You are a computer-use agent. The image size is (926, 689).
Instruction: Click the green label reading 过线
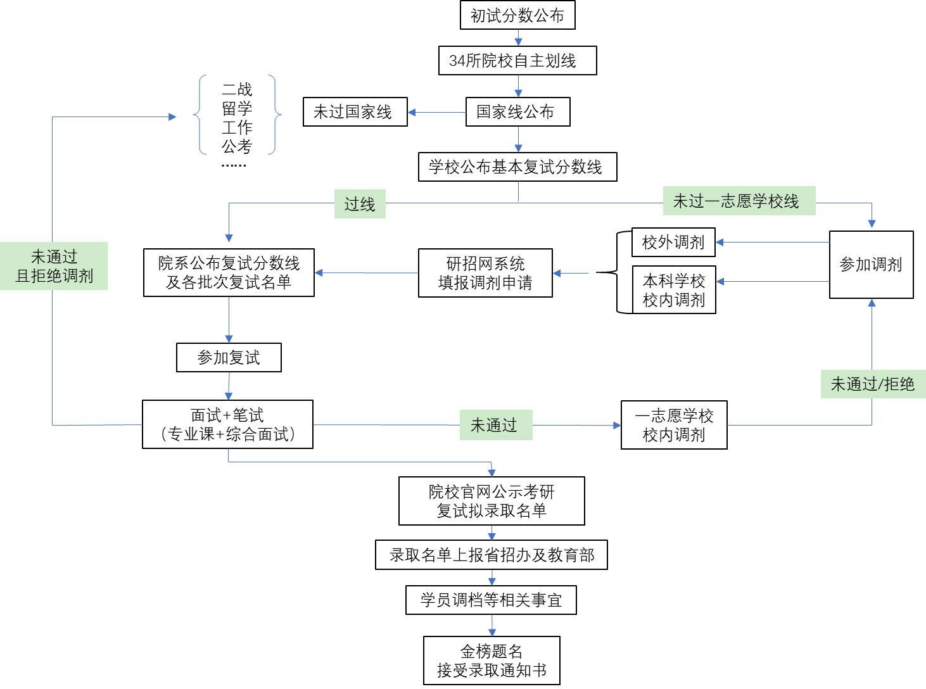360,204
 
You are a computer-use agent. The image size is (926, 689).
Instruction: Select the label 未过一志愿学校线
739,201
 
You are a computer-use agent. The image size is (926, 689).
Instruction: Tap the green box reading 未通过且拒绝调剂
54,266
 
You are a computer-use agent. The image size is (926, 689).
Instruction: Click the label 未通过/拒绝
873,384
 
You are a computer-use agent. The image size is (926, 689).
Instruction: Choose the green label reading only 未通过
495,425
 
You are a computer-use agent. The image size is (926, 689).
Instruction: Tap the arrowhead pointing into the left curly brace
173,117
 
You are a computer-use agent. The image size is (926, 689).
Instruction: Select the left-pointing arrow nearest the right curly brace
437,113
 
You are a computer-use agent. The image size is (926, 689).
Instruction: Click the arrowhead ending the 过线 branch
229,238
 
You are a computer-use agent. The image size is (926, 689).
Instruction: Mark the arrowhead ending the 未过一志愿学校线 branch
872,224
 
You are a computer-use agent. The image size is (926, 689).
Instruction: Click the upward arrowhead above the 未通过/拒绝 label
872,303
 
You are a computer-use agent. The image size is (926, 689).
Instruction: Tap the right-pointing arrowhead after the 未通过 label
617,425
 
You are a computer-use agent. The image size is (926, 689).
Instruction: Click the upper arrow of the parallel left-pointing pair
773,242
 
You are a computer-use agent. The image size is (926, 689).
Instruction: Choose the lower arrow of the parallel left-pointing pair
773,281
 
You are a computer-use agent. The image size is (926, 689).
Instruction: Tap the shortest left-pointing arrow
571,273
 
